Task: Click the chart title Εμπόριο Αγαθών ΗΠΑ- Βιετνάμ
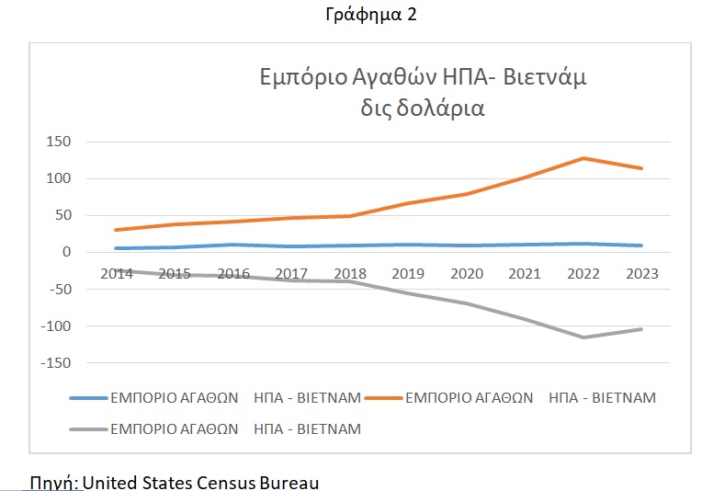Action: click(421, 77)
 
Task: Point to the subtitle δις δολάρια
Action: click(423, 108)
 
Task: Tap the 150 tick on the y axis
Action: click(58, 142)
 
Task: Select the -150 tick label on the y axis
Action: click(54, 363)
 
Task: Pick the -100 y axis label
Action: click(54, 326)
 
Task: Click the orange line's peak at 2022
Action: click(583, 158)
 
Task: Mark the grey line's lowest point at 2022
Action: click(583, 337)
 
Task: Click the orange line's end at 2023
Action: click(641, 168)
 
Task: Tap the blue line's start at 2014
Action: click(116, 248)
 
